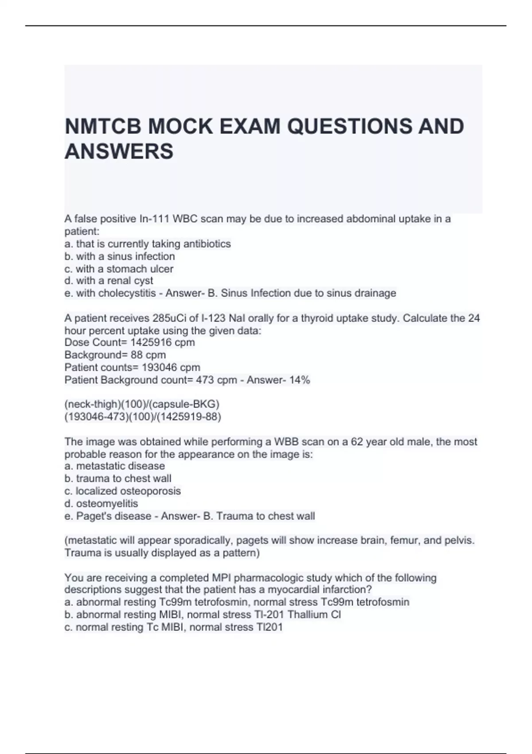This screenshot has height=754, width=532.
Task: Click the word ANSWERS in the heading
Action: pos(119,151)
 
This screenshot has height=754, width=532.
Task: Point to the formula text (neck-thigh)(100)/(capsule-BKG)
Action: pos(142,404)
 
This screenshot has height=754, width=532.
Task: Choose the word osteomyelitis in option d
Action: pos(107,504)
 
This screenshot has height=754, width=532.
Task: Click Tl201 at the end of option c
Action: pos(269,627)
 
